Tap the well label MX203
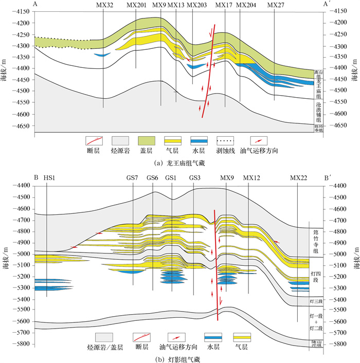(196, 5)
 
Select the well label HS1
(49, 178)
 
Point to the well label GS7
(132, 178)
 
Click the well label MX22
(298, 178)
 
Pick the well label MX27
(276, 5)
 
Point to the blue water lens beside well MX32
(102, 55)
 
